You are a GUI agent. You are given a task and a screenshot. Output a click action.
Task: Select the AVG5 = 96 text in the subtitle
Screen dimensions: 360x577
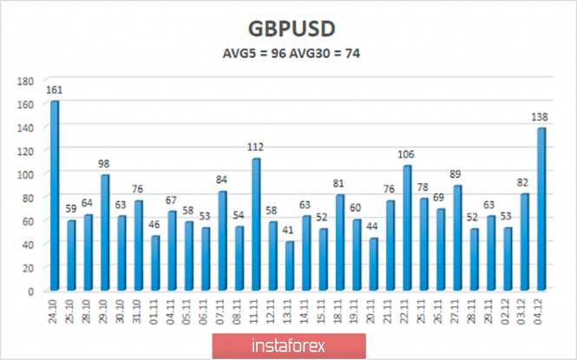click(252, 53)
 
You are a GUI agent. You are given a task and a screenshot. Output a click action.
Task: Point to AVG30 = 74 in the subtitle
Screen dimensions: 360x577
click(326, 53)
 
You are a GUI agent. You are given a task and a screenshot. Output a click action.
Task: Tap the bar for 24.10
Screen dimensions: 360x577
click(55, 195)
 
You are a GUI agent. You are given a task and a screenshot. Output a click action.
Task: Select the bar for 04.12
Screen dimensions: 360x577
click(542, 208)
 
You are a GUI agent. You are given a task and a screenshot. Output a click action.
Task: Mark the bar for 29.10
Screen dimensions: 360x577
click(105, 232)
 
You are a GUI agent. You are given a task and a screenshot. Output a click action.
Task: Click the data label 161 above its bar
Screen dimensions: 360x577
click(55, 89)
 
